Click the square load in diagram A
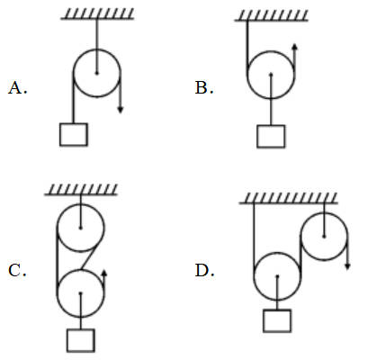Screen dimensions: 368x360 point(74,135)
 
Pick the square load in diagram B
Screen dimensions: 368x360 point(271,137)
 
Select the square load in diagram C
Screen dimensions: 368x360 point(81,340)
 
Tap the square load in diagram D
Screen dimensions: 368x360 point(277,321)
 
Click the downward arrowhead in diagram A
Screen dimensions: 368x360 point(121,110)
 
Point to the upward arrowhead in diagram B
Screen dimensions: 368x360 point(294,47)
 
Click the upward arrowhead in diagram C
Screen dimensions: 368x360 point(104,273)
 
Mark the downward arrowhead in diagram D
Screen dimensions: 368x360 point(347,266)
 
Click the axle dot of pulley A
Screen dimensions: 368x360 point(96,73)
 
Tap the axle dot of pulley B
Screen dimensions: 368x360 point(271,74)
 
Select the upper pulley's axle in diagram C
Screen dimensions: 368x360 point(80,228)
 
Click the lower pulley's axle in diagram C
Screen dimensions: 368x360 point(80,293)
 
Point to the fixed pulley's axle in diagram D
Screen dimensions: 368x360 point(324,237)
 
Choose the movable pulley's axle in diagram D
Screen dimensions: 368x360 point(277,276)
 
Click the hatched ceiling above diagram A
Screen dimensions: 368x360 point(97,13)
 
